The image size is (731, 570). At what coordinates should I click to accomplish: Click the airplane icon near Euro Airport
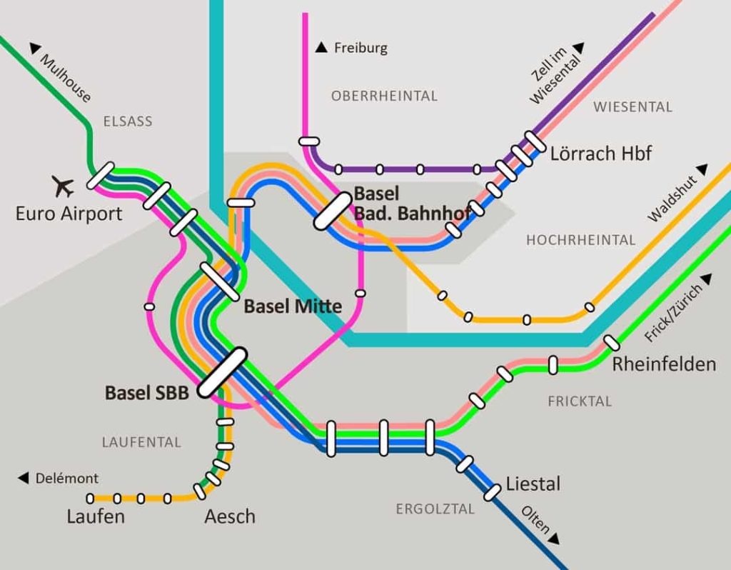point(64,186)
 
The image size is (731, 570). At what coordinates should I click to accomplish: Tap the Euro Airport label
point(69,214)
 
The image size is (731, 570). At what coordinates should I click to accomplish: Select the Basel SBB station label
point(146,393)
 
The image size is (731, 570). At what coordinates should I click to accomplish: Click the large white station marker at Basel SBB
point(222,372)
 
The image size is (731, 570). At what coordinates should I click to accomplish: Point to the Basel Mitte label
point(293,306)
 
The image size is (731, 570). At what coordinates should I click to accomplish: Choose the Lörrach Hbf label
point(600,154)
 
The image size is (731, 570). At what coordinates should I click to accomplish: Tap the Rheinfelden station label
point(663,364)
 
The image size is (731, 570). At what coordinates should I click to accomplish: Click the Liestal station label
point(533,484)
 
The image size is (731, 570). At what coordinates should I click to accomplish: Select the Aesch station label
point(229,516)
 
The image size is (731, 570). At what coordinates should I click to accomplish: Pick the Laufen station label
point(96,516)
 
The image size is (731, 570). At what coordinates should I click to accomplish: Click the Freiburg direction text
point(361,49)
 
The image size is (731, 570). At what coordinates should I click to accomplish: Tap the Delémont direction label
point(66,479)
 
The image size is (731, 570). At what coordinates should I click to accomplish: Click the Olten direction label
point(536,521)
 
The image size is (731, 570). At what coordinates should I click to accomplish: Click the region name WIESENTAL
point(632,107)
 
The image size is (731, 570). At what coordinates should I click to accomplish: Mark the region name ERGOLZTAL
point(435,509)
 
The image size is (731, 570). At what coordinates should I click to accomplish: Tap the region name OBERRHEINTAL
point(384,96)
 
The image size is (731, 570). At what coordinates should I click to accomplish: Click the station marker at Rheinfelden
point(612,342)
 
